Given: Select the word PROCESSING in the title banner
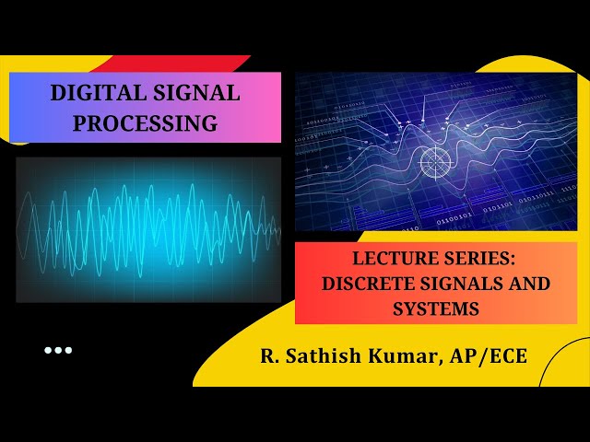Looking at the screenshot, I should tap(146, 122).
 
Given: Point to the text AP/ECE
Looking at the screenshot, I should tap(488, 356).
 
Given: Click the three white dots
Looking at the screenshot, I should tap(57, 350).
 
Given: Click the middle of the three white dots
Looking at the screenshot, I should tap(57, 350).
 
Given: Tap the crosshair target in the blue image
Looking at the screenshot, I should tap(433, 163).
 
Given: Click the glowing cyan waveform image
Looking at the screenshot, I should tap(147, 229).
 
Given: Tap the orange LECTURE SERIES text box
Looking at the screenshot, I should tap(436, 283).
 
